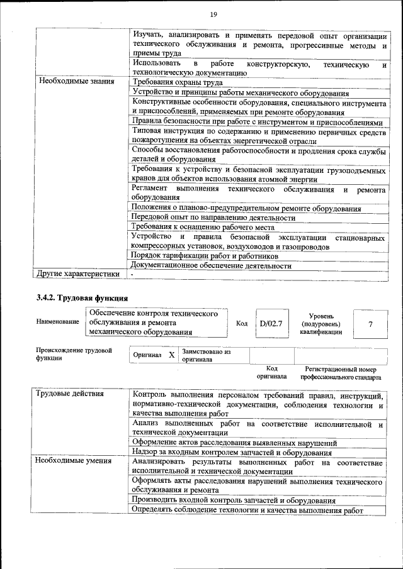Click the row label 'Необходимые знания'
click(76, 82)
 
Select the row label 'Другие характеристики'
click(77, 273)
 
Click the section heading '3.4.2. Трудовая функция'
click(83, 297)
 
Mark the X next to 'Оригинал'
click(171, 355)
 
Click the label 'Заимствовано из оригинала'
click(206, 355)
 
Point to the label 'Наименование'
click(57, 322)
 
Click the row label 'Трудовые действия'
click(71, 394)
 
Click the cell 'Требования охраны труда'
click(177, 82)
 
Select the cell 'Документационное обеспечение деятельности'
click(211, 265)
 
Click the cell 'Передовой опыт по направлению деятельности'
click(213, 218)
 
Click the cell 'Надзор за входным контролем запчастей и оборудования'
click(232, 451)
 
